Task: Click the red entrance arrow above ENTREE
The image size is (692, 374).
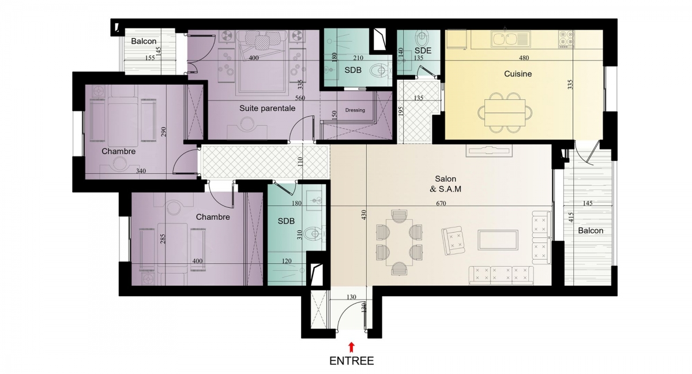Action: (351, 347)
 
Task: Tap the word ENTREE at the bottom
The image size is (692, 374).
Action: (352, 361)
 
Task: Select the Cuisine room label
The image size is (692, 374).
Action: (518, 74)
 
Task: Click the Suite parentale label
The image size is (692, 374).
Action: (267, 108)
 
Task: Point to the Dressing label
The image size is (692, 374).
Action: (355, 110)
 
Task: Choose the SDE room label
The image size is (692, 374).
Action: (423, 50)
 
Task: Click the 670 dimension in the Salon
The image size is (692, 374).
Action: (441, 203)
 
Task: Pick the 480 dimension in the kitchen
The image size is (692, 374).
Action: (524, 58)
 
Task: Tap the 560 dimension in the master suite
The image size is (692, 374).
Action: (300, 98)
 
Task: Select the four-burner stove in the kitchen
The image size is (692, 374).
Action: (566, 39)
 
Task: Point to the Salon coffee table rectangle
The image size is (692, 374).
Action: (498, 240)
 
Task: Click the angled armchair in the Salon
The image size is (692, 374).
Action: (453, 241)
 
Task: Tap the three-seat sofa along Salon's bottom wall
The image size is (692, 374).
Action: (501, 275)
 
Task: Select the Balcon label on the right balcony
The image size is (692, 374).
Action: (591, 231)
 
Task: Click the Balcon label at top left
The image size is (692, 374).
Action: (144, 41)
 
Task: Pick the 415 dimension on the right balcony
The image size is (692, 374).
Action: (571, 217)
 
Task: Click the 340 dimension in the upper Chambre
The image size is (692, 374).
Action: (141, 171)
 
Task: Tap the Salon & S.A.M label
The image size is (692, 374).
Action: (445, 184)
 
